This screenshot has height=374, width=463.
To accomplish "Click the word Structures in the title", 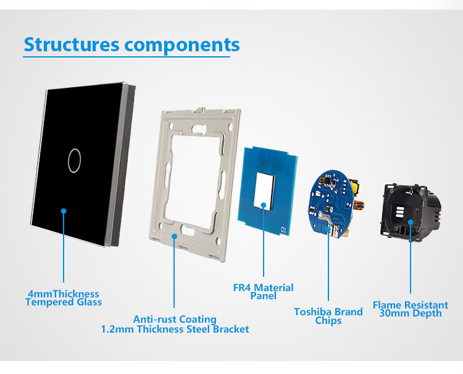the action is coord(72,45).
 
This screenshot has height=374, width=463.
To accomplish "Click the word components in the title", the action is coord(182,46).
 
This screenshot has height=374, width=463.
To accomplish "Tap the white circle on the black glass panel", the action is coord(74,161).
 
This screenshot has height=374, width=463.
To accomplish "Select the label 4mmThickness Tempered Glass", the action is coord(64,298).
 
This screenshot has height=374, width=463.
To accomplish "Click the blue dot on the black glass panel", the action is coord(64,211).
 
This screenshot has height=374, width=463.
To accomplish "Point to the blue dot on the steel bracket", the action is coord(175,236).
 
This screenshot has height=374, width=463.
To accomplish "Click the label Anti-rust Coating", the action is coord(175,319).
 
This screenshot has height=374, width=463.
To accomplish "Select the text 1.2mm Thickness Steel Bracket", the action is coord(175,329).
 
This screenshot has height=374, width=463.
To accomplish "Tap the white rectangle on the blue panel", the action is coord(264,190).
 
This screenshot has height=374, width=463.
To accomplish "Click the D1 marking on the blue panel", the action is coord(283,230).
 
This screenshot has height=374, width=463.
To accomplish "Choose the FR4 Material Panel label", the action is coord(264,292).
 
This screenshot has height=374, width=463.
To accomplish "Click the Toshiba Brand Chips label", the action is coord(328,316).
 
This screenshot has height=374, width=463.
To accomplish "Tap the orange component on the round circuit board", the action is coord(359,204).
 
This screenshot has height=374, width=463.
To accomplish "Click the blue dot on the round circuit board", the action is coord(328,229).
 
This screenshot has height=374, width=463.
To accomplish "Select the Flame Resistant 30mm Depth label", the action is coord(411,309).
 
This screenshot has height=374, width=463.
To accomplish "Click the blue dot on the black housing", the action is coord(411,222).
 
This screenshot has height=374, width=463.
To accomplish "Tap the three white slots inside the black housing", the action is coord(399,211).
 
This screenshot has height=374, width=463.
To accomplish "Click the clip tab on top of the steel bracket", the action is coord(201,109).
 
